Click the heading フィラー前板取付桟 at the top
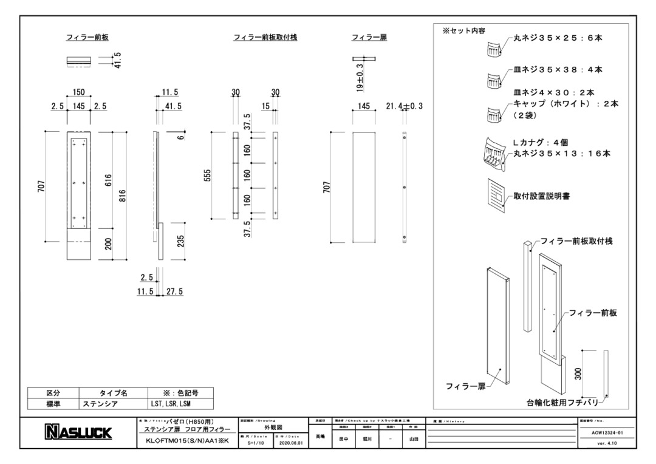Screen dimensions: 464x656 coord(265,38)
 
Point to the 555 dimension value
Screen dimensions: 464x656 coord(207,175)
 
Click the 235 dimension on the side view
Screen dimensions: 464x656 coord(180,241)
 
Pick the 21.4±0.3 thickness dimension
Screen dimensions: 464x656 coord(404,106)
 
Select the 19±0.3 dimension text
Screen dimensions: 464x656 coord(360,78)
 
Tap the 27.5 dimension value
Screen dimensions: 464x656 coord(174,292)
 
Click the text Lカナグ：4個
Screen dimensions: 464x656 coord(540,143)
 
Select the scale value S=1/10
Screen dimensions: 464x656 coord(256,443)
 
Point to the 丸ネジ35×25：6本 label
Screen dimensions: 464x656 coord(558,38)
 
